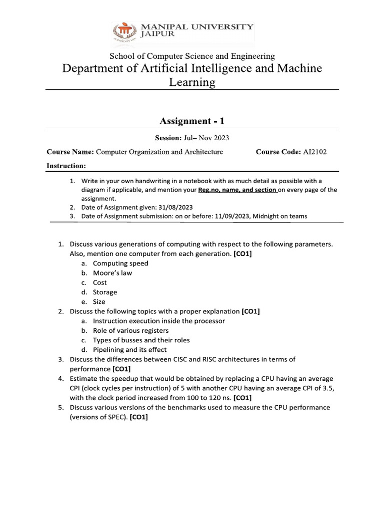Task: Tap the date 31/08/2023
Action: click(x=176, y=207)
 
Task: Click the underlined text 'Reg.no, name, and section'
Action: click(x=237, y=190)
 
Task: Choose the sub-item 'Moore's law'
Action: click(x=112, y=273)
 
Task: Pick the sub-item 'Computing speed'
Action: click(x=120, y=263)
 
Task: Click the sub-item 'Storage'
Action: click(x=105, y=292)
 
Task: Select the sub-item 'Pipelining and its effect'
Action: click(x=129, y=350)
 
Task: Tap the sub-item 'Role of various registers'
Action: click(x=130, y=330)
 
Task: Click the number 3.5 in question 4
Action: click(x=326, y=388)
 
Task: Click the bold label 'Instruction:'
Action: click(x=66, y=166)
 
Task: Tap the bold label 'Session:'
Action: click(x=168, y=138)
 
